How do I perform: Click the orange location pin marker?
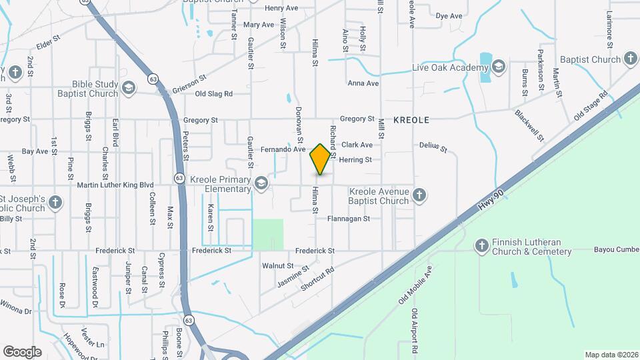[321, 159]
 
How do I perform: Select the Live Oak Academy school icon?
[498, 67]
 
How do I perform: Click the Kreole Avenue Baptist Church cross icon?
[419, 195]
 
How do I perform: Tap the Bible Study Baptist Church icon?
[129, 87]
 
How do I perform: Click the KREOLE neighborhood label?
[411, 120]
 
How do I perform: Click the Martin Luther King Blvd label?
[115, 185]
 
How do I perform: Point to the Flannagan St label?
[353, 218]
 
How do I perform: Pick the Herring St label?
[360, 160]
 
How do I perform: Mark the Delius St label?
[433, 145]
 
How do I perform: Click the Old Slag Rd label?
[213, 94]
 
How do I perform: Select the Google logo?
[22, 352]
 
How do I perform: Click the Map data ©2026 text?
[611, 355]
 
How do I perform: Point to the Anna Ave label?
[363, 83]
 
